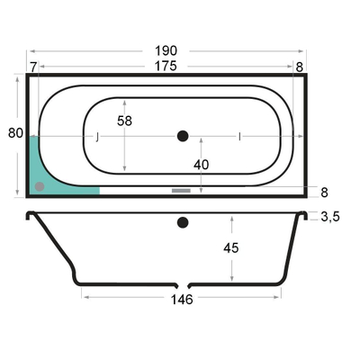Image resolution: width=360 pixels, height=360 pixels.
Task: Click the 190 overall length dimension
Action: coord(164,51)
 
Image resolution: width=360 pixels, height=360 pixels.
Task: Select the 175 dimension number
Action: coord(164,66)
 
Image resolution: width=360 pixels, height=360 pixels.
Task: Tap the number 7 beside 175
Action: coord(33,67)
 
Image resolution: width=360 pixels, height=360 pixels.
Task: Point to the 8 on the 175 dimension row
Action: coord(299,67)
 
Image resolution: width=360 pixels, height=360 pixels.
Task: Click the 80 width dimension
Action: coord(15,133)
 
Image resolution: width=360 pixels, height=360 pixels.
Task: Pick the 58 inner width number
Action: coord(125,121)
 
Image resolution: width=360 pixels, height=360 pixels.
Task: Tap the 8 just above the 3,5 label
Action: coord(324,192)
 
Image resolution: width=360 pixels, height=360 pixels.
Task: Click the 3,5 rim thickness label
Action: coord(329,217)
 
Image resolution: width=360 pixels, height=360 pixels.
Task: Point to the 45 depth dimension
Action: coord(231,247)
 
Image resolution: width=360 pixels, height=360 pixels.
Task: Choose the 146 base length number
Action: coord(182,300)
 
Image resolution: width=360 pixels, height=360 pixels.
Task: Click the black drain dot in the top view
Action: coord(184,136)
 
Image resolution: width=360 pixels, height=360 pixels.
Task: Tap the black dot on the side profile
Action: coord(184,221)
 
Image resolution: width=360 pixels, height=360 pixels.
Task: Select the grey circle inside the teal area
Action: coord(39,186)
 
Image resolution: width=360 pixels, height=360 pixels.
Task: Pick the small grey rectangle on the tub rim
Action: coord(181,190)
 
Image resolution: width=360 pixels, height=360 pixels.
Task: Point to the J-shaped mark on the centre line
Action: coord(97,137)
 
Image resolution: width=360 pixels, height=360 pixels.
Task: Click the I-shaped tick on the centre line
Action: coord(238,137)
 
